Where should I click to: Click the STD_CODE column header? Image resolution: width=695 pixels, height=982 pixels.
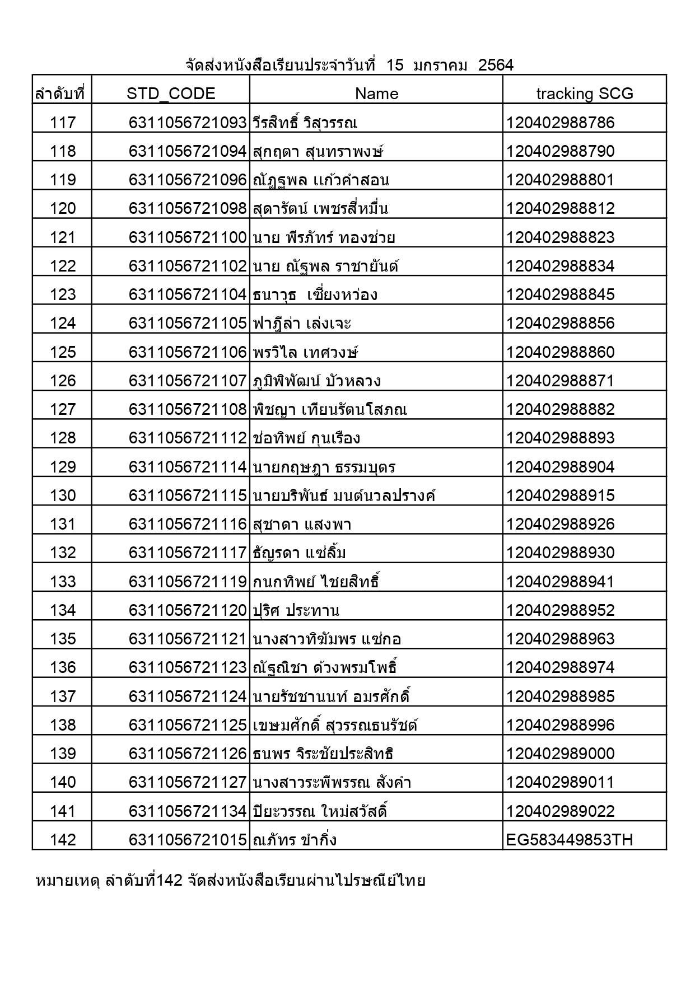click(x=171, y=93)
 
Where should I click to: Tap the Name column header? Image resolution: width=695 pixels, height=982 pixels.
click(x=376, y=93)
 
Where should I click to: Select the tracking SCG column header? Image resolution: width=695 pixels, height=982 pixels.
click(x=585, y=93)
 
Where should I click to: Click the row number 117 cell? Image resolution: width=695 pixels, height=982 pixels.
click(x=63, y=123)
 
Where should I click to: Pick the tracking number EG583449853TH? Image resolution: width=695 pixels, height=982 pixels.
click(x=570, y=840)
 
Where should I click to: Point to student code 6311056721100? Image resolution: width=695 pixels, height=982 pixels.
click(x=188, y=237)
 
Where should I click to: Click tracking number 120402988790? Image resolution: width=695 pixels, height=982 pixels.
click(x=560, y=151)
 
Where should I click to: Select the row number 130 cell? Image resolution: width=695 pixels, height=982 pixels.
click(x=63, y=495)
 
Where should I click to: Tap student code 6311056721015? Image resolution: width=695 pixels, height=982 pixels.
click(x=188, y=840)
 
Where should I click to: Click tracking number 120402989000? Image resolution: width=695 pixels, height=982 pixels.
click(x=560, y=754)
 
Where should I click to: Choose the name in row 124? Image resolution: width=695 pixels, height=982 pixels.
click(x=302, y=323)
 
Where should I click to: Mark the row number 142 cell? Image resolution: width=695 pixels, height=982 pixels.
click(x=63, y=840)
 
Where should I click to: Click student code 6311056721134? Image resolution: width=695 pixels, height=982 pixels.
click(x=188, y=811)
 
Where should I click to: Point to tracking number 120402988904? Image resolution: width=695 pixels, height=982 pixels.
click(x=560, y=467)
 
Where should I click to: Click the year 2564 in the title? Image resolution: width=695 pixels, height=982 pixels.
click(x=496, y=66)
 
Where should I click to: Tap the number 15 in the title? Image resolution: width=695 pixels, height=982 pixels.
click(x=395, y=66)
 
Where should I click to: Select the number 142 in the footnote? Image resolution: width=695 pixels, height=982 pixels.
click(x=169, y=881)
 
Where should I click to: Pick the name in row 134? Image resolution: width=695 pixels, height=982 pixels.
click(x=296, y=610)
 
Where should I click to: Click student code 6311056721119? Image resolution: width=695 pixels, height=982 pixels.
click(x=188, y=582)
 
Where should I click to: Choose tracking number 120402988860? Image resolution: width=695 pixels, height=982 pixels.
click(x=560, y=352)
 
